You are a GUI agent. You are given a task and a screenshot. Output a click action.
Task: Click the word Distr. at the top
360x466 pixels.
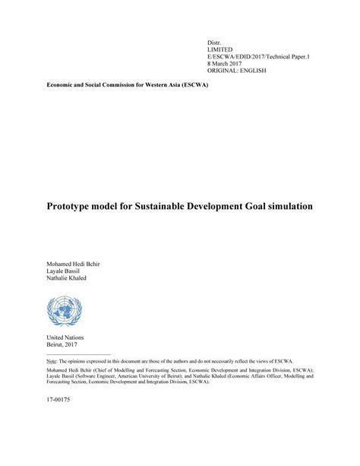pos(215,40)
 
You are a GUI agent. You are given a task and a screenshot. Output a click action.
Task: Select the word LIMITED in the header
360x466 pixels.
pos(221,49)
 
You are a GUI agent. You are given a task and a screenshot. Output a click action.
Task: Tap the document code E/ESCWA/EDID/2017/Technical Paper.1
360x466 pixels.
pos(257,56)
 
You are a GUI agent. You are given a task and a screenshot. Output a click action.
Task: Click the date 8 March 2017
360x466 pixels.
pos(226,64)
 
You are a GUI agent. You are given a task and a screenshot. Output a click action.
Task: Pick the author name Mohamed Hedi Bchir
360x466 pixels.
pos(74,263)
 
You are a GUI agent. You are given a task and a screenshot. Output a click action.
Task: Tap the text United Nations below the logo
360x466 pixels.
pos(65,338)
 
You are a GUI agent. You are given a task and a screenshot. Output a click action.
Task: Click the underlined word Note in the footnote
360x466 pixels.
pos(51,360)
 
